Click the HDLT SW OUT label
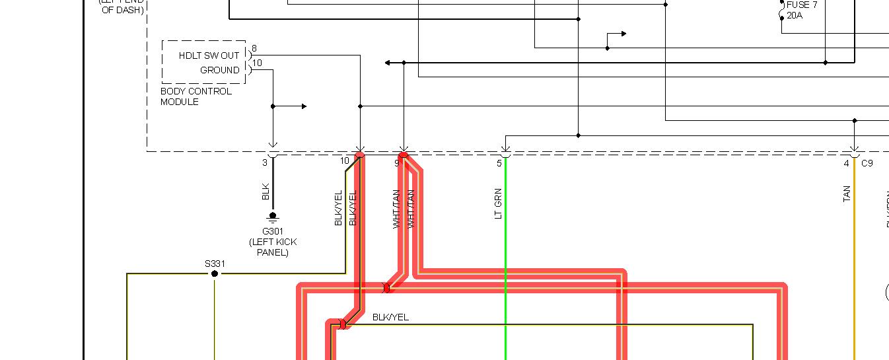pyautogui.click(x=209, y=55)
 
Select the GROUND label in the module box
pyautogui.click(x=220, y=70)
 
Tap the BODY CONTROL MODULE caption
pyautogui.click(x=196, y=96)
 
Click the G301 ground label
pyautogui.click(x=273, y=231)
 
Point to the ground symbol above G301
pyautogui.click(x=273, y=217)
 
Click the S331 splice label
pyautogui.click(x=215, y=264)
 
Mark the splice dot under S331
pyautogui.click(x=215, y=273)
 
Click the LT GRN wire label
pyautogui.click(x=499, y=203)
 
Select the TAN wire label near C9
pyautogui.click(x=847, y=194)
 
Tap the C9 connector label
pyautogui.click(x=867, y=163)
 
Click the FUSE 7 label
pyautogui.click(x=802, y=5)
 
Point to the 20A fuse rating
pyautogui.click(x=795, y=15)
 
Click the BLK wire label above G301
pyautogui.click(x=266, y=192)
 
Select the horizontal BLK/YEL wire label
pyautogui.click(x=390, y=317)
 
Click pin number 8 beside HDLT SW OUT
pyautogui.click(x=254, y=49)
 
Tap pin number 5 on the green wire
pyautogui.click(x=499, y=163)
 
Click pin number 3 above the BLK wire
pyautogui.click(x=265, y=162)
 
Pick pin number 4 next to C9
pyautogui.click(x=846, y=163)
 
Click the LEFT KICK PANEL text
pyautogui.click(x=273, y=247)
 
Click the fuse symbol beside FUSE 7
pyautogui.click(x=782, y=11)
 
